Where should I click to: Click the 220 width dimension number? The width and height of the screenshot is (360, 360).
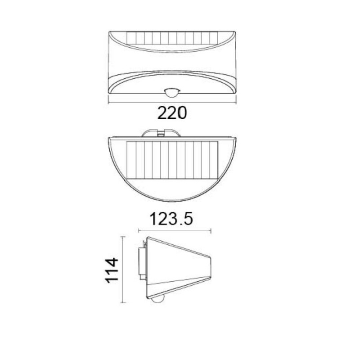click(x=172, y=113)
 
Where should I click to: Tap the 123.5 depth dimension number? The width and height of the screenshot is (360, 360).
click(x=171, y=219)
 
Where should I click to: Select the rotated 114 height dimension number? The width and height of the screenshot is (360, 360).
click(x=112, y=270)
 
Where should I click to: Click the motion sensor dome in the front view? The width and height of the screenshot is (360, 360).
click(x=172, y=92)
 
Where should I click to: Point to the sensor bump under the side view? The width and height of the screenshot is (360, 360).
click(x=157, y=300)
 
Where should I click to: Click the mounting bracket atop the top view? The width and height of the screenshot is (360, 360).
click(x=161, y=133)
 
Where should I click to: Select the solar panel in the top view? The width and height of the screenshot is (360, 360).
click(x=172, y=160)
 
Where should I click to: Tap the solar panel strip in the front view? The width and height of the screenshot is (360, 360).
click(x=172, y=38)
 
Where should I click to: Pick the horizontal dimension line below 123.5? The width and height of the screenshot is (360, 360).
click(x=175, y=231)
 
